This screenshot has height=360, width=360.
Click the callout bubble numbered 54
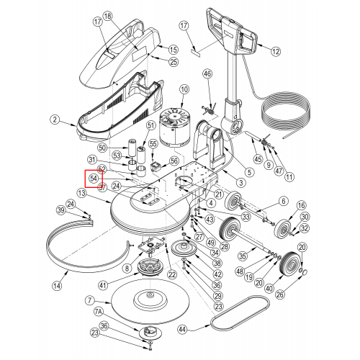click(x=94, y=179)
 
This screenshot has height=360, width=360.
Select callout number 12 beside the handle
click(x=276, y=51)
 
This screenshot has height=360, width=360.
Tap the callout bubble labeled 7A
click(x=98, y=312)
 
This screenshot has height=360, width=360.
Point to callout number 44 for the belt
click(x=183, y=329)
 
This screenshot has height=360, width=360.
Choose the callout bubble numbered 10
click(x=184, y=90)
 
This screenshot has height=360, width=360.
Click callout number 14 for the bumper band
click(x=57, y=286)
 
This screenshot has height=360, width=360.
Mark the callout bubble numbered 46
click(x=208, y=73)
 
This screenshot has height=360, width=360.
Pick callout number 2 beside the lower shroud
click(x=55, y=120)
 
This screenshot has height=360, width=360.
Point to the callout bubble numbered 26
click(x=280, y=294)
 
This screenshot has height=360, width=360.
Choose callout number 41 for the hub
click(x=103, y=285)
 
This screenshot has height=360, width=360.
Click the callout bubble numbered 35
click(x=243, y=256)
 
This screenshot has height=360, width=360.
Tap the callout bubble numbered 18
click(x=108, y=16)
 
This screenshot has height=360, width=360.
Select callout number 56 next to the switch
click(x=174, y=161)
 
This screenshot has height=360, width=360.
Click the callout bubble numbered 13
click(x=82, y=193)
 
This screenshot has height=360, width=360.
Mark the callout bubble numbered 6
click(x=284, y=201)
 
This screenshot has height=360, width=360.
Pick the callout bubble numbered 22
click(x=172, y=274)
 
